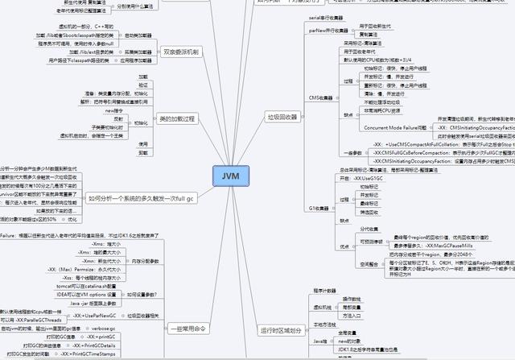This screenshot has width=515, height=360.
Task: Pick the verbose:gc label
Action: (104, 329)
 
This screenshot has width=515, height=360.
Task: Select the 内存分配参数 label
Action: (145, 261)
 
